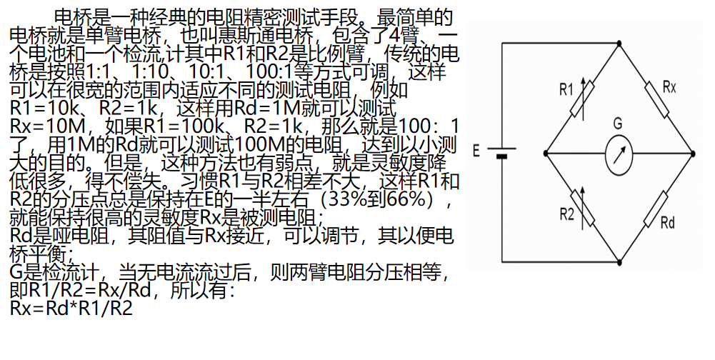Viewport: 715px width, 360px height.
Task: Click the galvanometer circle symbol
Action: (x=619, y=153)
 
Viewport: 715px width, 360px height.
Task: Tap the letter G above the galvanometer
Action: (x=616, y=124)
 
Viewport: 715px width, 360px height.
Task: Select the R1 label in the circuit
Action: (x=566, y=89)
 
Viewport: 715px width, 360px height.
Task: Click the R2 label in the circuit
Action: (x=566, y=212)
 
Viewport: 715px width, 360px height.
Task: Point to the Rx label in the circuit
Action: (x=669, y=86)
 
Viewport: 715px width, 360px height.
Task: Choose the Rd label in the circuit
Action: (x=667, y=223)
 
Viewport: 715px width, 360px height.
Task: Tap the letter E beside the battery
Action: (x=476, y=151)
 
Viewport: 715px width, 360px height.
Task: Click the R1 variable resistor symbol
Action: (x=582, y=100)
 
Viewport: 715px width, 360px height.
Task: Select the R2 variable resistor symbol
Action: (x=582, y=207)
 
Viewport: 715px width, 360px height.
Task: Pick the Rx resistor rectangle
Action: (x=656, y=100)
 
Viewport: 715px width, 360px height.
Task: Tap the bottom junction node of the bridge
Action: (x=619, y=261)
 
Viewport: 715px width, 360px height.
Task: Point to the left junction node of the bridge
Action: (x=546, y=153)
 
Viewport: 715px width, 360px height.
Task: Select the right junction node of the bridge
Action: (x=692, y=153)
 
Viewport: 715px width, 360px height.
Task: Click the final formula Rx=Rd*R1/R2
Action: (x=71, y=309)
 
